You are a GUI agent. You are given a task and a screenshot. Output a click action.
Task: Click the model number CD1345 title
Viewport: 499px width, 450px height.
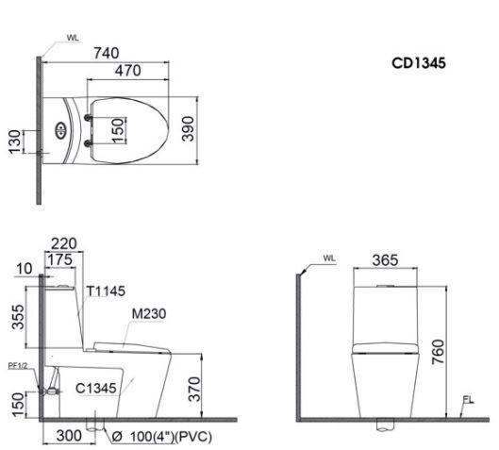[x=420, y=63]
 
